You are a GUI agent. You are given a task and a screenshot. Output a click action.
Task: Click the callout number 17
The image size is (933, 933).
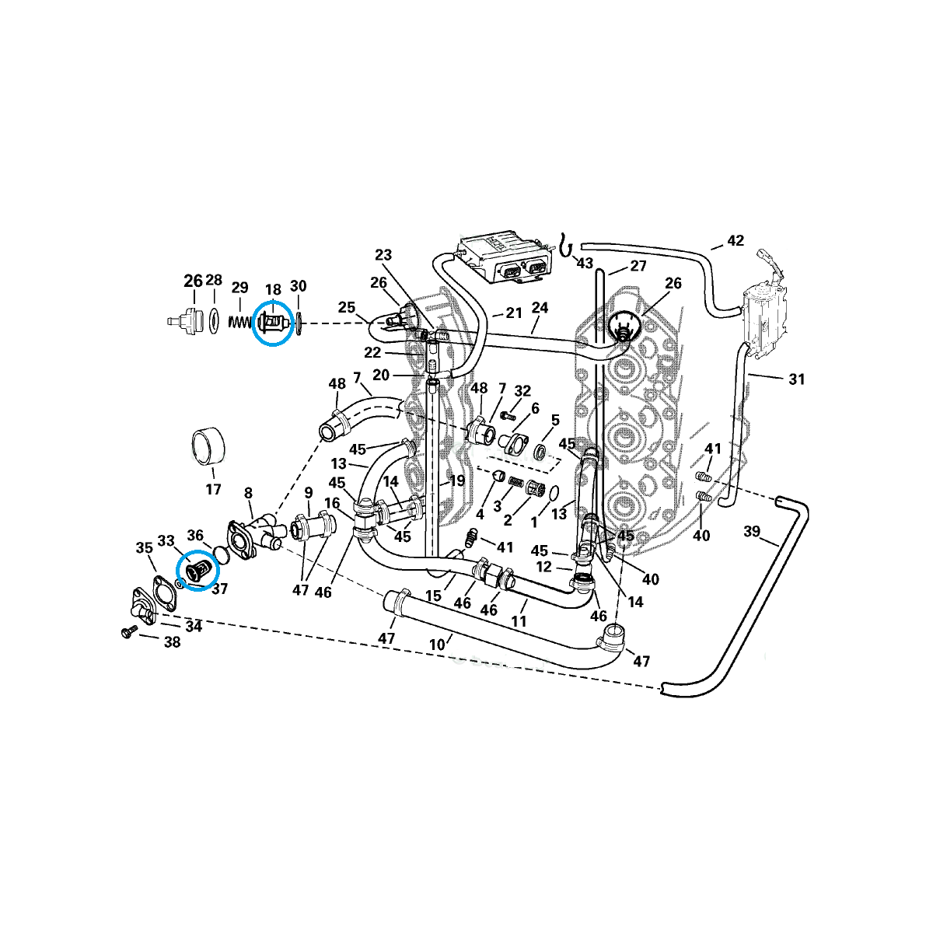pos(213,489)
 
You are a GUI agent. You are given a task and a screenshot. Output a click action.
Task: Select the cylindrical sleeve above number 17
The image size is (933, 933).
pos(208,446)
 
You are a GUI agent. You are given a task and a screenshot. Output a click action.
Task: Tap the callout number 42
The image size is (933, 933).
pos(735,240)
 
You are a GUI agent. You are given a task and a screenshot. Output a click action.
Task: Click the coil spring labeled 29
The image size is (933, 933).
pos(240,321)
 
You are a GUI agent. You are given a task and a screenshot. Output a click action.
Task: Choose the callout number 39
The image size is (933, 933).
pos(751,531)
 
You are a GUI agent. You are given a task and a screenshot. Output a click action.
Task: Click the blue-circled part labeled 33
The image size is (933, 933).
pos(198,569)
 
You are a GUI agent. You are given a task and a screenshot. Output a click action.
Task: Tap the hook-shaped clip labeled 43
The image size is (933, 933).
pos(565,246)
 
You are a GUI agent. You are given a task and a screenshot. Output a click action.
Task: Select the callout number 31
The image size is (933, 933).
pos(796,379)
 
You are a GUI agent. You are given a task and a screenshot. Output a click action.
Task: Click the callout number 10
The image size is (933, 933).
pos(437,645)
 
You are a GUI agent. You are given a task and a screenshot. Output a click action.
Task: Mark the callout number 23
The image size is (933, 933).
pos(383,255)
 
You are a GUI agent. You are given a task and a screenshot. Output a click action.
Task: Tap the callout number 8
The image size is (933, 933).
pos(248,493)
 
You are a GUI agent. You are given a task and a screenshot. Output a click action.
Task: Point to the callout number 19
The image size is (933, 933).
pos(456,480)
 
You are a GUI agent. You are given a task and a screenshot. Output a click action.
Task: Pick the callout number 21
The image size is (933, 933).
pos(514,313)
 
